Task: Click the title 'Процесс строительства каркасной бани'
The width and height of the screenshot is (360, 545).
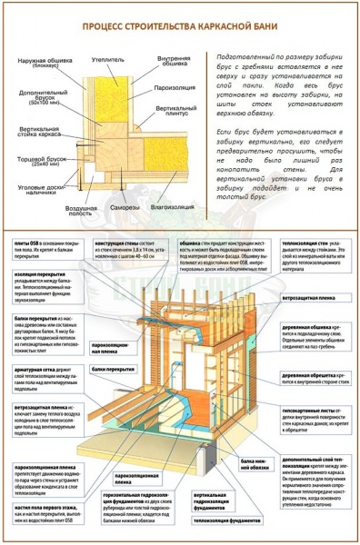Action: (x=180, y=28)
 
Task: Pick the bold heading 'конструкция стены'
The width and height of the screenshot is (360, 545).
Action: (x=134, y=243)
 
